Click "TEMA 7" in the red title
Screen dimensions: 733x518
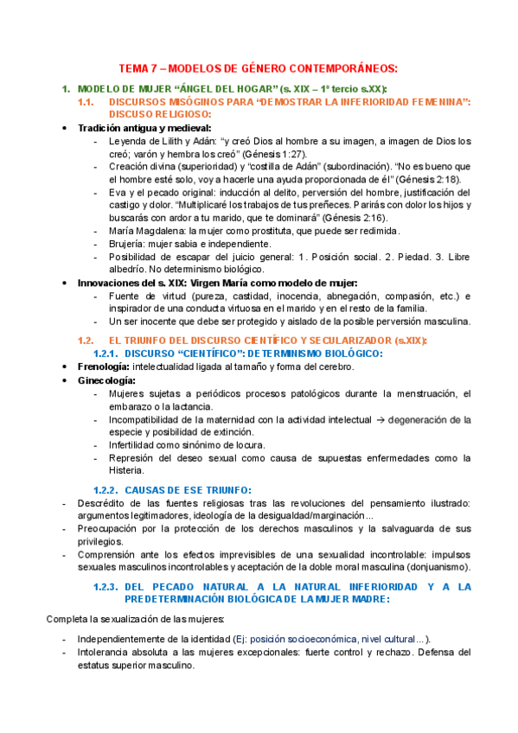coord(137,68)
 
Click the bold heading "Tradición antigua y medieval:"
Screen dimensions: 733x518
coord(144,128)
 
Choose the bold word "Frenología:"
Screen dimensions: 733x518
coord(105,366)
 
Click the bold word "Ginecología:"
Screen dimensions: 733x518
coord(106,380)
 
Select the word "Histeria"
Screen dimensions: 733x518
coord(127,472)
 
